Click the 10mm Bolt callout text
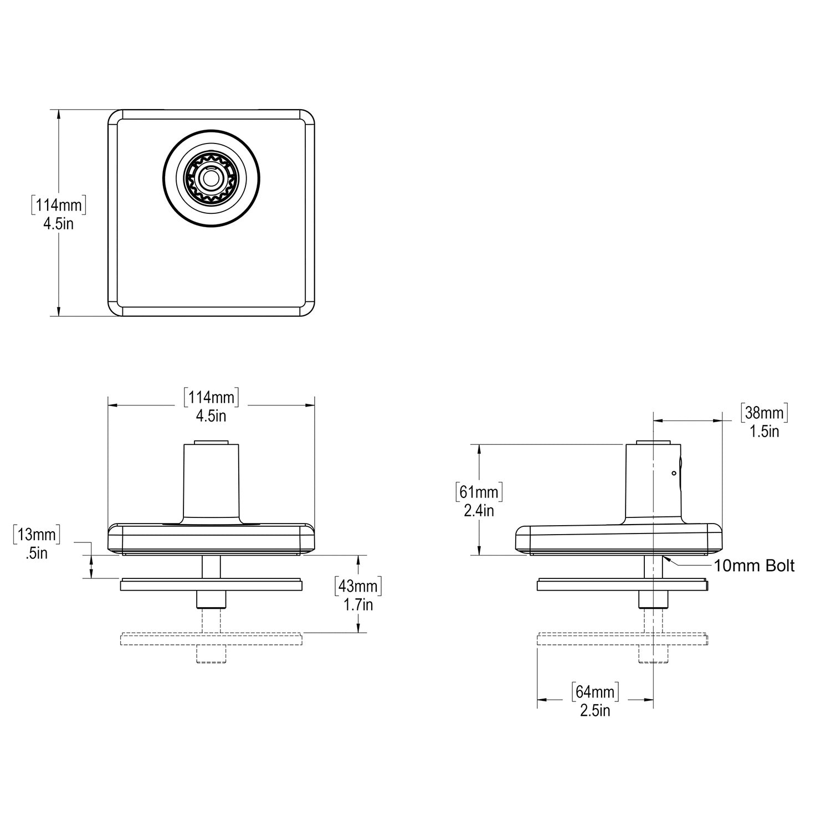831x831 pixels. (x=754, y=566)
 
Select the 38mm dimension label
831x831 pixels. (x=764, y=413)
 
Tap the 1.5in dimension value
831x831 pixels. (x=764, y=432)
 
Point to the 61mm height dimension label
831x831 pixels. (x=479, y=491)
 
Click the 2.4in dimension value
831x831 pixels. (x=479, y=510)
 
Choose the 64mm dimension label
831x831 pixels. (x=595, y=692)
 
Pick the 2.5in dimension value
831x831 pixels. (x=595, y=711)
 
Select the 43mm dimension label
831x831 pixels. (x=358, y=586)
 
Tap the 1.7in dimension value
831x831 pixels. (x=358, y=604)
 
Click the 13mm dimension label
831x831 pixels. (x=37, y=535)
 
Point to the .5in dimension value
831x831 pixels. (x=37, y=553)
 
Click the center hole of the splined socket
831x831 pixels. (x=211, y=178)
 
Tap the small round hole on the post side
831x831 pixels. (x=673, y=473)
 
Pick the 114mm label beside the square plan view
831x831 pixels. (x=58, y=206)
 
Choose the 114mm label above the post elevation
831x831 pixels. (x=211, y=397)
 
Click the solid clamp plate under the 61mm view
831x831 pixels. (x=623, y=584)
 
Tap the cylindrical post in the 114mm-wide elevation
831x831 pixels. (x=211, y=482)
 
